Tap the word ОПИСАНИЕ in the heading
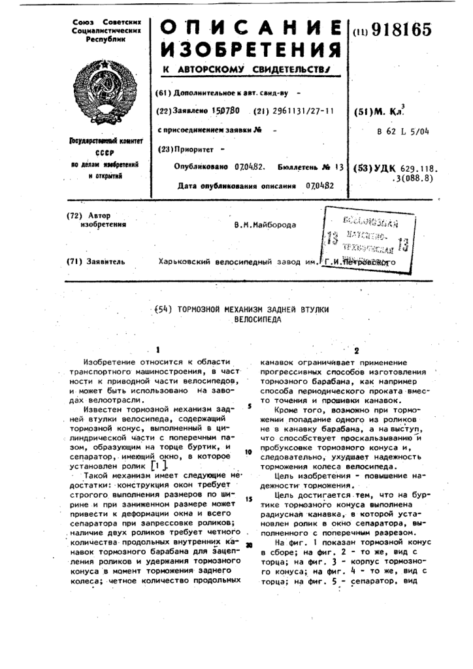click(251, 27)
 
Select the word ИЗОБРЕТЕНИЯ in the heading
click(251, 50)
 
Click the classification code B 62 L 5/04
click(403, 131)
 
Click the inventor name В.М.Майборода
click(265, 225)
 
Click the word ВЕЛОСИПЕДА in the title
click(257, 321)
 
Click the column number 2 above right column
click(356, 350)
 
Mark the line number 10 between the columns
click(249, 451)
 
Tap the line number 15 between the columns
click(249, 498)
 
